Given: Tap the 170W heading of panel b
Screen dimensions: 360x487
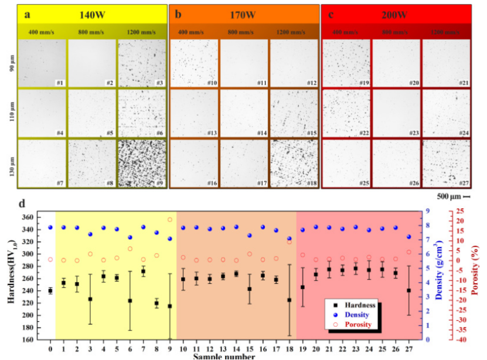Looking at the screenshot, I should click(x=244, y=13).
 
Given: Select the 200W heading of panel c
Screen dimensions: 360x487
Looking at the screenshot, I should click(x=396, y=14).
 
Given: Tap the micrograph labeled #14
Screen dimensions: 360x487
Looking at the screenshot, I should click(x=243, y=113).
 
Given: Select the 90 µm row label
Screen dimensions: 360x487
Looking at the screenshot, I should click(x=12, y=63).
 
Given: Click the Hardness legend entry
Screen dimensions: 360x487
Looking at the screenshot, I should click(x=359, y=305).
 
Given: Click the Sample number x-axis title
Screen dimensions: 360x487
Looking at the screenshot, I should click(x=229, y=356).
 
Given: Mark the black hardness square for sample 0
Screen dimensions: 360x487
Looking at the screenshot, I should click(x=50, y=291).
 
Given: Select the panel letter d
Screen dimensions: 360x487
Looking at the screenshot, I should click(x=22, y=205).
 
